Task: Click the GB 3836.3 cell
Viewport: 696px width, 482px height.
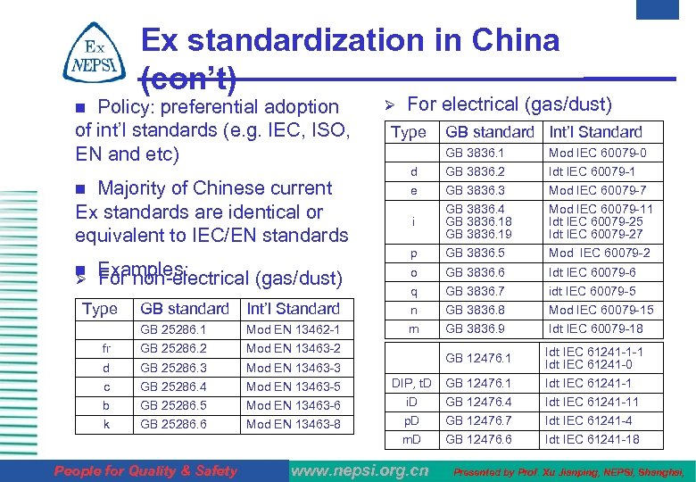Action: pyautogui.click(x=475, y=191)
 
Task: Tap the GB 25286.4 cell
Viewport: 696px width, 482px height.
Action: pyautogui.click(x=173, y=386)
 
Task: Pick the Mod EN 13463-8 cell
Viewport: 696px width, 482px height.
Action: pyautogui.click(x=293, y=424)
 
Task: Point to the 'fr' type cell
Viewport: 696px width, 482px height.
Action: pyautogui.click(x=106, y=349)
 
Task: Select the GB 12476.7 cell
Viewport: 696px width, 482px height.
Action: pyautogui.click(x=478, y=420)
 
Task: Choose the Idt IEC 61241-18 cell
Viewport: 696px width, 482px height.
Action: pyautogui.click(x=592, y=439)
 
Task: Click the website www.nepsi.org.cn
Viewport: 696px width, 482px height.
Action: pyautogui.click(x=360, y=470)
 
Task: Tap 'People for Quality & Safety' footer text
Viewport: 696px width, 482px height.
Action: pyautogui.click(x=146, y=470)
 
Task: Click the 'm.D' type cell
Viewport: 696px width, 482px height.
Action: pyautogui.click(x=411, y=439)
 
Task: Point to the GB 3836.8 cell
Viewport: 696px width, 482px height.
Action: pyautogui.click(x=475, y=310)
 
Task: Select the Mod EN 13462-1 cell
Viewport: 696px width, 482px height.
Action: pyautogui.click(x=293, y=330)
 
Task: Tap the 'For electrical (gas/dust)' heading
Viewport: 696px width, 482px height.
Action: pyautogui.click(x=509, y=104)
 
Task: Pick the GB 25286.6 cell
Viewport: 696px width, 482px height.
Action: pyautogui.click(x=173, y=424)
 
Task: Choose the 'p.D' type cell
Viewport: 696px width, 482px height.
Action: pyautogui.click(x=411, y=420)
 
